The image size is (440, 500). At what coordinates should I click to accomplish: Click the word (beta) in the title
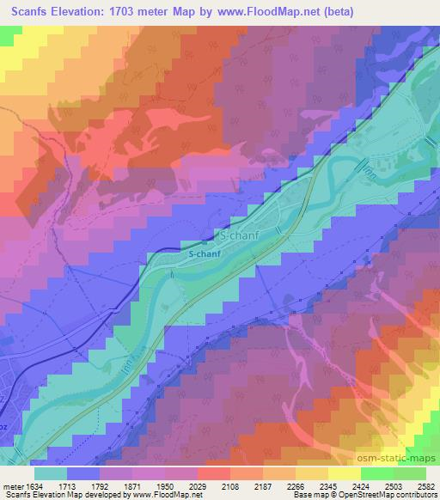[336, 12]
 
